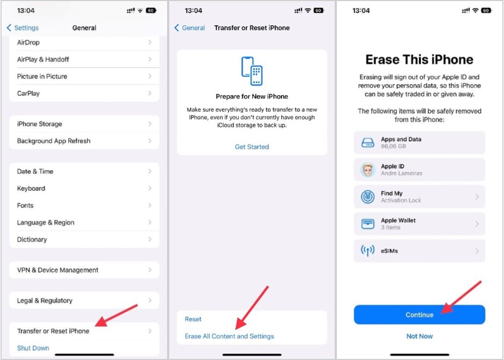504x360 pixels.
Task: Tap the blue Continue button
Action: click(x=419, y=315)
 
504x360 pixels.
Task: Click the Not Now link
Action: click(x=419, y=336)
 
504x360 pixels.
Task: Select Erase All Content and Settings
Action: click(x=229, y=336)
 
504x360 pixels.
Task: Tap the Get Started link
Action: click(x=251, y=147)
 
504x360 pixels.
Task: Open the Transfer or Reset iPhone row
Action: click(x=84, y=331)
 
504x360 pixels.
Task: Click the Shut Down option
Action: click(x=33, y=348)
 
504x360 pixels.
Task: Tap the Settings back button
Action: click(x=23, y=28)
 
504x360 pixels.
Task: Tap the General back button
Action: click(x=190, y=28)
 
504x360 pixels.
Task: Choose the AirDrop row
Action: click(x=84, y=42)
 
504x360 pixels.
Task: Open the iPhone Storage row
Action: click(x=84, y=124)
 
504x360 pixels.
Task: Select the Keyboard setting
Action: click(x=84, y=189)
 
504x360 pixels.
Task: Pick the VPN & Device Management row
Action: click(x=84, y=270)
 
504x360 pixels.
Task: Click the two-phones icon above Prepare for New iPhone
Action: click(x=252, y=71)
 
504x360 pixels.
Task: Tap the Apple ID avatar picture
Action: click(x=368, y=170)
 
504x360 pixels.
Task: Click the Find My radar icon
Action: click(x=368, y=197)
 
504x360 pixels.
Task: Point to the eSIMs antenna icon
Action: click(x=368, y=251)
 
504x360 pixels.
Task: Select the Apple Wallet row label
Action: click(x=398, y=220)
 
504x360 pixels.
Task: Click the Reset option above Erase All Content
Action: click(x=193, y=319)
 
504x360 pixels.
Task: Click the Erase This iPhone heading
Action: click(x=419, y=60)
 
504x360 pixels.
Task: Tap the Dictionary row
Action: click(x=84, y=240)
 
